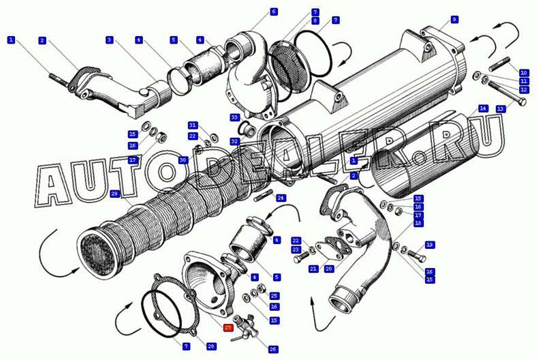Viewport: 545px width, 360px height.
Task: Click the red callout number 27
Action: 228,328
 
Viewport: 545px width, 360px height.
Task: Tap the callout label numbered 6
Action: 274,12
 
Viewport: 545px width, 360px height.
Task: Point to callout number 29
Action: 114,194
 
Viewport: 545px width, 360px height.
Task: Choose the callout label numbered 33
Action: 234,117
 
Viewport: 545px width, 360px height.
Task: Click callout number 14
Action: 482,108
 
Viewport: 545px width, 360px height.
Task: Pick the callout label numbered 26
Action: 273,349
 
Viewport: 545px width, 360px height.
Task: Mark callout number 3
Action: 110,40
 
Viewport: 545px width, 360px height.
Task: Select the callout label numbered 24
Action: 281,198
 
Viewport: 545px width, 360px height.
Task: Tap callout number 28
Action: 211,346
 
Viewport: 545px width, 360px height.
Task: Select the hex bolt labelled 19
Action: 416,256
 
